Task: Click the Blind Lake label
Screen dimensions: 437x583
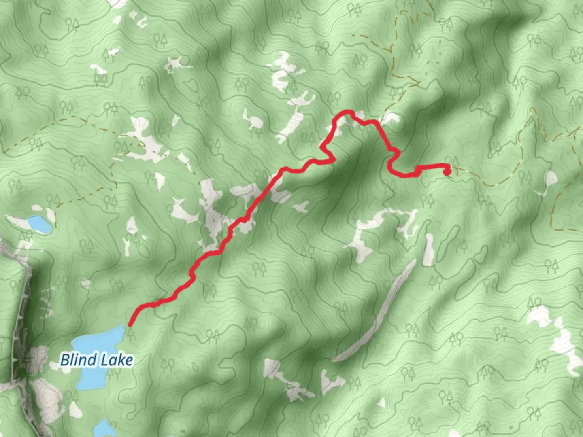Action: point(96,360)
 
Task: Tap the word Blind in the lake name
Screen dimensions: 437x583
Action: point(79,360)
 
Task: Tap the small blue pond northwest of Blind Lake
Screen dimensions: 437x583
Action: point(40,223)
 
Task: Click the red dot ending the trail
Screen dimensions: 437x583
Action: point(447,172)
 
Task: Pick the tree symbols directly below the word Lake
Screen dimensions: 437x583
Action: point(113,373)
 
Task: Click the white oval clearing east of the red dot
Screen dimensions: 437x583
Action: point(551,178)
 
